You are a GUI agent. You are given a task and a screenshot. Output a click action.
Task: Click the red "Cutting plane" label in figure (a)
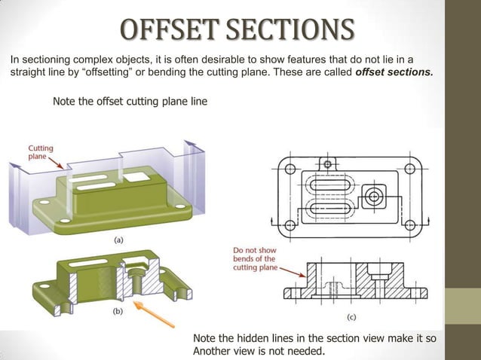coord(41,153)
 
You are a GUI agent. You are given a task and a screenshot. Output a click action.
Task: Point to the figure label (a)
coord(118,240)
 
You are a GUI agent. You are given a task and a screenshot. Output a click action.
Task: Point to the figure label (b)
coord(117,310)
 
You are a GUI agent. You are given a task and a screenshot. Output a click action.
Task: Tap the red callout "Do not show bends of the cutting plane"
coord(254,258)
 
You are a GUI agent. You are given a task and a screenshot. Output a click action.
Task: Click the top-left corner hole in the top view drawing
coord(287,168)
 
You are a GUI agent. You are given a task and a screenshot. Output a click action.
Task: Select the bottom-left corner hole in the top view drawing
coord(287,224)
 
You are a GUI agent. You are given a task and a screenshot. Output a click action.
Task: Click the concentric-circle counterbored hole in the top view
coord(373,197)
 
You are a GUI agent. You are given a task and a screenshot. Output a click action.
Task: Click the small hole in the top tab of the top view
coord(326,163)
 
